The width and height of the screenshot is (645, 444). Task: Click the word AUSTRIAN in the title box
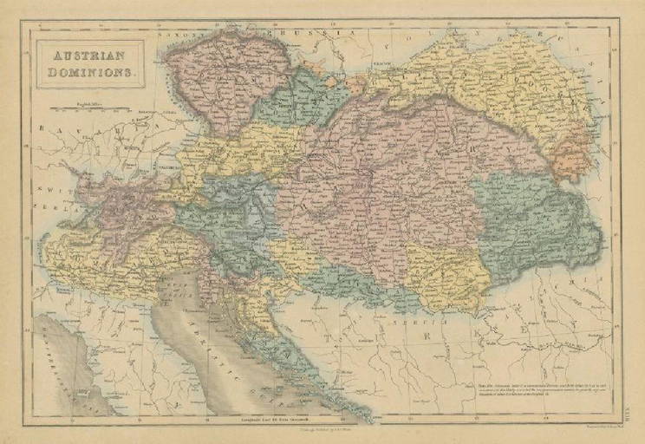click(x=86, y=53)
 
